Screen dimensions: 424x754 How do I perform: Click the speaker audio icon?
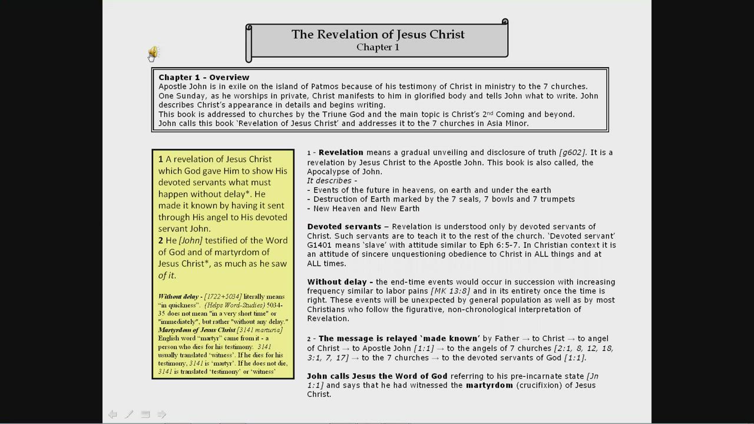(153, 53)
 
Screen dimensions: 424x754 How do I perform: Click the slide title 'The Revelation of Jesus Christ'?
(378, 34)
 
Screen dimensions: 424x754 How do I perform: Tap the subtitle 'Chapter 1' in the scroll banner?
(378, 47)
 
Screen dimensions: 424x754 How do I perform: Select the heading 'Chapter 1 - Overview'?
(204, 77)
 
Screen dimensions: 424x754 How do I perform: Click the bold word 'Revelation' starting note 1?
(340, 153)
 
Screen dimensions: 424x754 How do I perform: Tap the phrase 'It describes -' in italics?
(332, 181)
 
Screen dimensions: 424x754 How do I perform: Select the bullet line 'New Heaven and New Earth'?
(366, 208)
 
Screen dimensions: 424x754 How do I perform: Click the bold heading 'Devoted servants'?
(344, 227)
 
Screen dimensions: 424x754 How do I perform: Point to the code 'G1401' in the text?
(319, 246)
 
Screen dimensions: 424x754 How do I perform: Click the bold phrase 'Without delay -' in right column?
(340, 282)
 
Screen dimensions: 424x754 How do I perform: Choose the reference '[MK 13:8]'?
(450, 291)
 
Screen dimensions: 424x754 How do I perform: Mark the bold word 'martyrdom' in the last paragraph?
(489, 385)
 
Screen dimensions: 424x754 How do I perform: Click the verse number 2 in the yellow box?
(161, 240)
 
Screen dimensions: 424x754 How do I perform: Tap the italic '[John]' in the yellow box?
(190, 240)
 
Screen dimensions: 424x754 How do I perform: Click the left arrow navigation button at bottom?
(113, 415)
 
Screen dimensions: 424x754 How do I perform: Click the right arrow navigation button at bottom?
(162, 415)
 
